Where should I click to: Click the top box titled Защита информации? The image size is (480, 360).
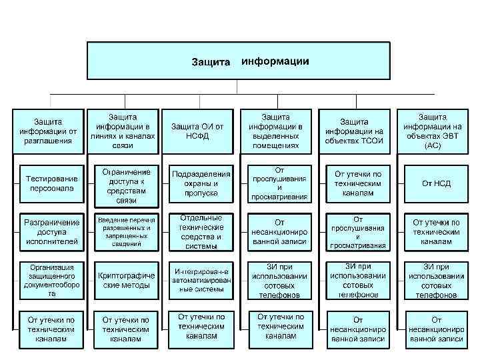click(x=240, y=61)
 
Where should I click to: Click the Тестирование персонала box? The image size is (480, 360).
click(x=51, y=183)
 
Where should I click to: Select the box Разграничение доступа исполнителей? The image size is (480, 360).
click(x=51, y=231)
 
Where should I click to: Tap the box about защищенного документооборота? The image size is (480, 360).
click(x=51, y=279)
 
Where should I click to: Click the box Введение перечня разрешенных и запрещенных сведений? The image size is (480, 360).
click(x=126, y=231)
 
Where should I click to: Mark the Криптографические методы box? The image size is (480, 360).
click(x=126, y=279)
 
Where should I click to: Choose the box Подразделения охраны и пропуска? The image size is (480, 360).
click(x=201, y=183)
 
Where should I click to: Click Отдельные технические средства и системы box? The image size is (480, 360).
click(x=201, y=231)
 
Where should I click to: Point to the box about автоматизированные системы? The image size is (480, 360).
click(x=201, y=279)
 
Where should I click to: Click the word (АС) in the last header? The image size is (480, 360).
click(x=432, y=145)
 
